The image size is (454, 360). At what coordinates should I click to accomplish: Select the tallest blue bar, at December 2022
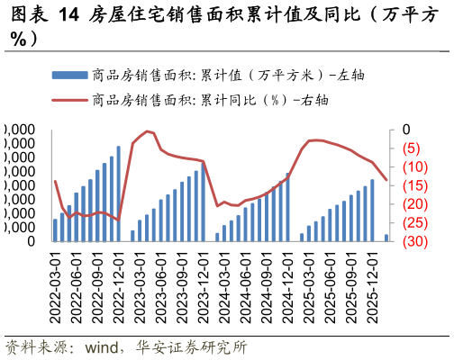click(x=118, y=193)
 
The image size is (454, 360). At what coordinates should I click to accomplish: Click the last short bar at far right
click(x=386, y=238)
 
